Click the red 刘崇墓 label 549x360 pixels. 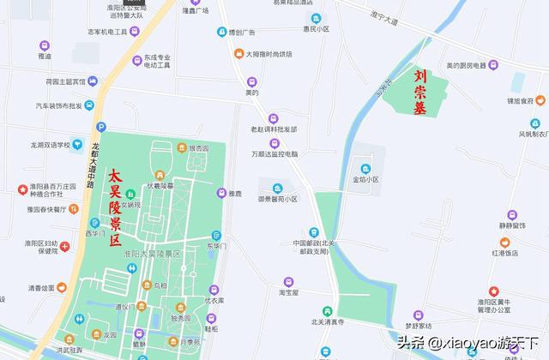[419, 93]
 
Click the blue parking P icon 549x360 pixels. [100, 126]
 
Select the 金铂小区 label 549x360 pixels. [365, 180]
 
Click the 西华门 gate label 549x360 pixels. [94, 232]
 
